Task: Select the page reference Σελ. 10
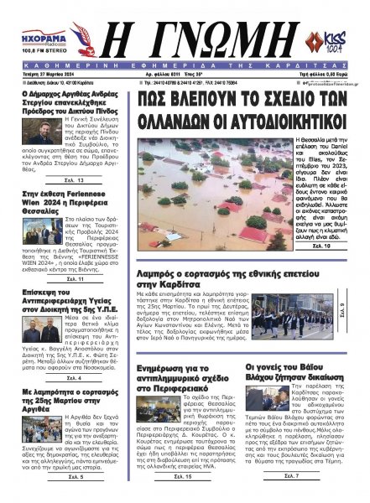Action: [x=321, y=248]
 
